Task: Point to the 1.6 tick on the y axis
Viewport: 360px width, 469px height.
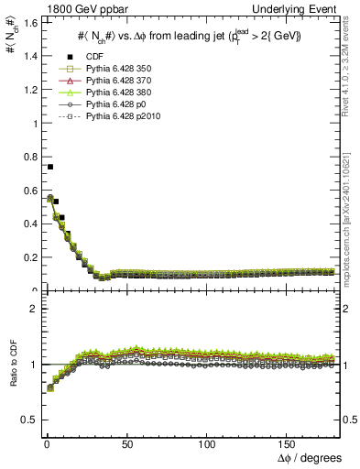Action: [x=28, y=23]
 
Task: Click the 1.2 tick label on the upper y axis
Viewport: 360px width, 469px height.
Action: [x=28, y=90]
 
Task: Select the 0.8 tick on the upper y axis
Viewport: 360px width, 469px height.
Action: [x=28, y=158]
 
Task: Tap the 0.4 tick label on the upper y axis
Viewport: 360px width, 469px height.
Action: [x=28, y=224]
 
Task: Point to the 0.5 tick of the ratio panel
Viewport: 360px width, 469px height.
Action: [x=28, y=420]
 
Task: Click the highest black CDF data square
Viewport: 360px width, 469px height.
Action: [x=49, y=167]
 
